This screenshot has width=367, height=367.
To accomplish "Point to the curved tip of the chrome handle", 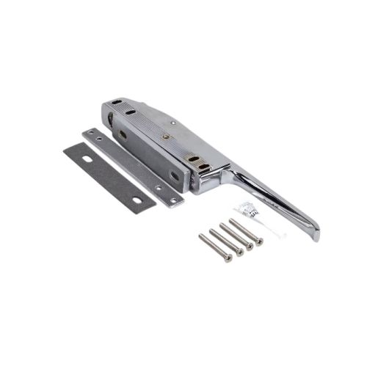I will point(316,233).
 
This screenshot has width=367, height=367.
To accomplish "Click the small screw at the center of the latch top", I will point(166,135).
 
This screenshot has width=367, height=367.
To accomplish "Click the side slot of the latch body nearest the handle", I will point(175,175).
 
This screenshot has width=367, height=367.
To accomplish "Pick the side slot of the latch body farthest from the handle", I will point(123,134).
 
